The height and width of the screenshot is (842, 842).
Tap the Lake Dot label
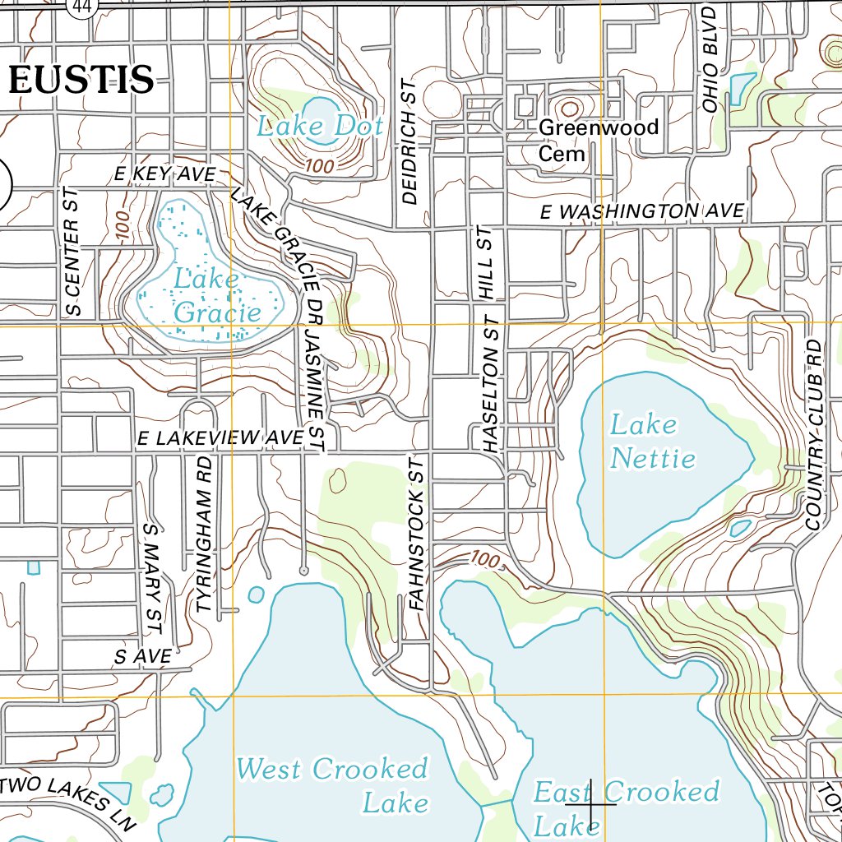click(x=319, y=126)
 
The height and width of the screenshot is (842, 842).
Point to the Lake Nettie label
click(x=652, y=442)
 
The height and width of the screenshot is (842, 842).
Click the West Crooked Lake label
click(x=333, y=784)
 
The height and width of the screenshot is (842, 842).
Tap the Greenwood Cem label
click(x=598, y=140)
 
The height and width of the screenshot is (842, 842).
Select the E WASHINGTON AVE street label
click(x=642, y=211)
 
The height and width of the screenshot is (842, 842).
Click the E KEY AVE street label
click(x=164, y=173)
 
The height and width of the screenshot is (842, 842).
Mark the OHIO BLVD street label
click(x=710, y=55)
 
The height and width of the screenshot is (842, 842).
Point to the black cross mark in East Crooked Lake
click(x=591, y=804)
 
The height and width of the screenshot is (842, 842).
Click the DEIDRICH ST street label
click(x=410, y=141)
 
